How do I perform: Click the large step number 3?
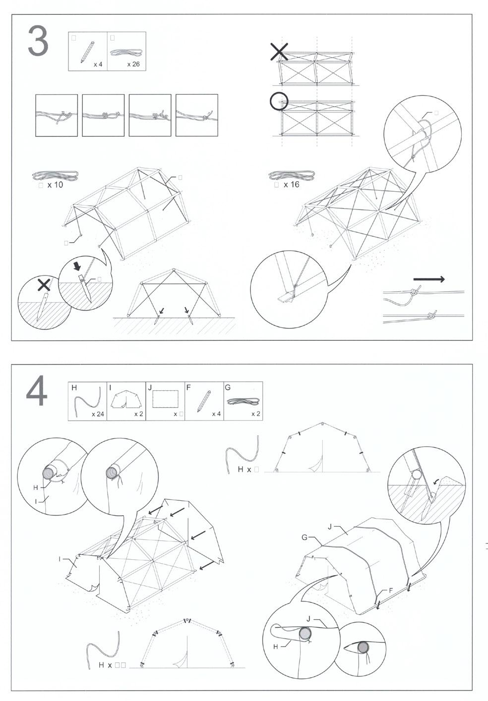pyautogui.click(x=38, y=43)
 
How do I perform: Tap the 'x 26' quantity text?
pyautogui.click(x=133, y=64)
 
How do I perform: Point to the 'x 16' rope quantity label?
pyautogui.click(x=292, y=185)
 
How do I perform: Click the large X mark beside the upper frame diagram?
pyautogui.click(x=279, y=51)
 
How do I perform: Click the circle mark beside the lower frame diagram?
pyautogui.click(x=278, y=101)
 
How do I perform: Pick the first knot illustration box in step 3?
pyautogui.click(x=57, y=115)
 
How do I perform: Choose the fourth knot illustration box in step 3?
pyautogui.click(x=197, y=115)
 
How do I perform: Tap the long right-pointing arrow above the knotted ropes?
pyautogui.click(x=429, y=279)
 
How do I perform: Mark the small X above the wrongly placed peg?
pyautogui.click(x=44, y=284)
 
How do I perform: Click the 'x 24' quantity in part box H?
pyautogui.click(x=98, y=414)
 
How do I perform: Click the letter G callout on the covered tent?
pyautogui.click(x=305, y=538)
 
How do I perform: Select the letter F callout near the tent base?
pyautogui.click(x=391, y=591)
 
